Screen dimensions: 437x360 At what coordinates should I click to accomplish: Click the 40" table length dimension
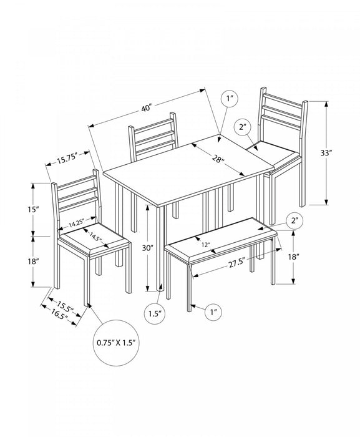147,108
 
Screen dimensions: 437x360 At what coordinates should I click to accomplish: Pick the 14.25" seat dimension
77,223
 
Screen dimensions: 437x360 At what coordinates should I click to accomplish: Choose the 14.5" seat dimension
95,237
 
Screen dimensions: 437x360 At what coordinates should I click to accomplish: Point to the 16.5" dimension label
60,315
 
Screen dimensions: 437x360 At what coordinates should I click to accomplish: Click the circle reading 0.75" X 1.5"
116,343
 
